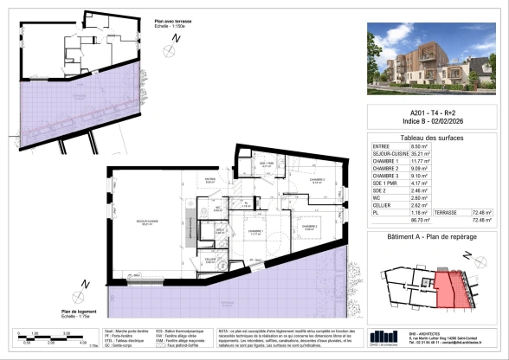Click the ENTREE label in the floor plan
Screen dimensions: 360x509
pyautogui.click(x=209, y=180)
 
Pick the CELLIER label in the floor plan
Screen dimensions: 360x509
pyautogui.click(x=210, y=259)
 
